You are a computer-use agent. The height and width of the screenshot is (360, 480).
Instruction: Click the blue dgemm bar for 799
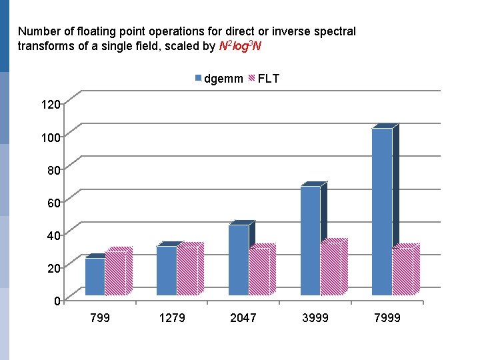click(95, 276)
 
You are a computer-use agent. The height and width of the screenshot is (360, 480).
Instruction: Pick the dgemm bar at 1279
click(166, 270)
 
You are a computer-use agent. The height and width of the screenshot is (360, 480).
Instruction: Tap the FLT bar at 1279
click(187, 270)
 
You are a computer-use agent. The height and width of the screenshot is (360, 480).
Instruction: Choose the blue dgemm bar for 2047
click(238, 260)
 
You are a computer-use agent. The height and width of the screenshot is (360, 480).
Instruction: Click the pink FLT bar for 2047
click(259, 271)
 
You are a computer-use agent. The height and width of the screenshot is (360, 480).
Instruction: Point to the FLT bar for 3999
click(331, 268)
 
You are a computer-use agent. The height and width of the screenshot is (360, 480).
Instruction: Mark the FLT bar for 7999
click(403, 271)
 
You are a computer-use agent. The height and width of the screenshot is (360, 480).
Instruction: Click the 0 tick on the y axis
click(58, 301)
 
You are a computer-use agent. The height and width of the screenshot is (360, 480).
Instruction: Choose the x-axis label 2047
click(243, 318)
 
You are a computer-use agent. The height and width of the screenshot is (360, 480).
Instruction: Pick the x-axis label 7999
click(387, 318)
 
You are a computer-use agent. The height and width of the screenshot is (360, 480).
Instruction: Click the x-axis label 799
click(100, 318)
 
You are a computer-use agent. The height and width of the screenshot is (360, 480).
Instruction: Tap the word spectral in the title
click(335, 31)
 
